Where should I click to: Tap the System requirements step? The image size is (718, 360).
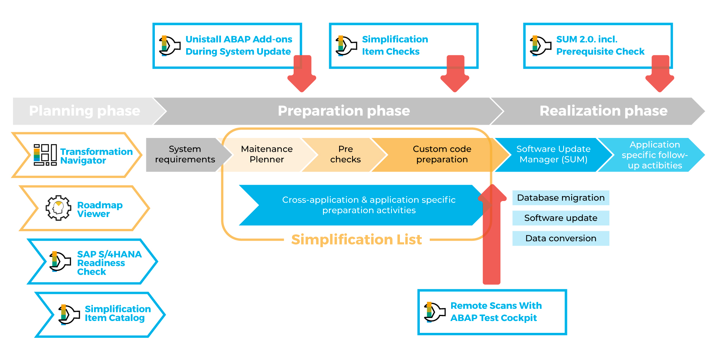(x=185, y=154)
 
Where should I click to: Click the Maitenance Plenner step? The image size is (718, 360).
(x=267, y=154)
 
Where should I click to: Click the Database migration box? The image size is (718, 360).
(x=561, y=198)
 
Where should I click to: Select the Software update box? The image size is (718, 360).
(x=561, y=218)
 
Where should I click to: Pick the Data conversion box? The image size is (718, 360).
(x=561, y=238)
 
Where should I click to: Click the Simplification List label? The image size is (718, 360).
(x=357, y=240)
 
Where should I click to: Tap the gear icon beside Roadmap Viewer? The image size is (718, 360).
(x=58, y=208)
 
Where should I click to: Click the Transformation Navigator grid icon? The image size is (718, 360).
(x=45, y=155)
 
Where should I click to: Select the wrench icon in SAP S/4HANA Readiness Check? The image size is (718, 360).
(x=60, y=261)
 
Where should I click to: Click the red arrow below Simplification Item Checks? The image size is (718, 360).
(x=455, y=73)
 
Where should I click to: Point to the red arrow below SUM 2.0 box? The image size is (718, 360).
(x=660, y=73)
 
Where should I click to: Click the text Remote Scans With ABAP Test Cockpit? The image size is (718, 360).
(x=496, y=312)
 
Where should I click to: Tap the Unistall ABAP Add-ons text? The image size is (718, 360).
(x=239, y=39)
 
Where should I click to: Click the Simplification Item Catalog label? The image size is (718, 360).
(x=118, y=313)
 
